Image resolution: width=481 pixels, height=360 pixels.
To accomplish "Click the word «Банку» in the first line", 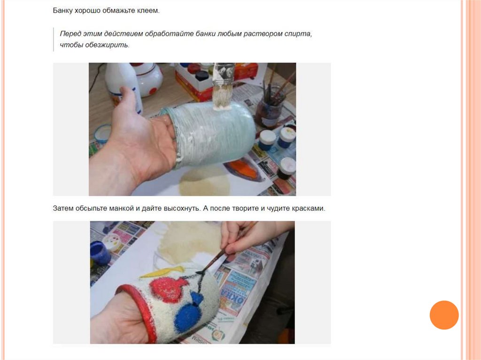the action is tap(63, 11).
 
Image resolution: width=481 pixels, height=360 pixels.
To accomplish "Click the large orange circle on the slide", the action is tap(444, 315).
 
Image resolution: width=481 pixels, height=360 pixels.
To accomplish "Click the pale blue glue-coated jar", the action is tap(212, 135).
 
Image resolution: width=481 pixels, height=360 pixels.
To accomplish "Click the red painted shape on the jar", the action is tap(166, 288).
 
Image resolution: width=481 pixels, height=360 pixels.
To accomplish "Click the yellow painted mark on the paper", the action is tap(163, 272).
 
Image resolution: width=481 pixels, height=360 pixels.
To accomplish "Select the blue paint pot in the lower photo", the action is tap(100, 253).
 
